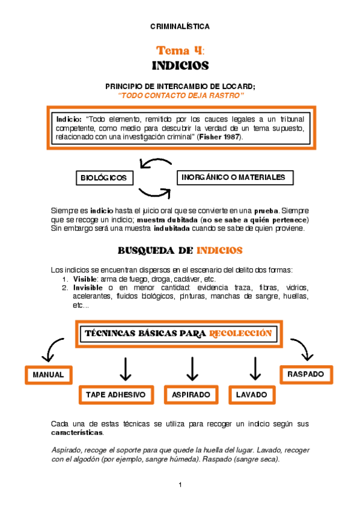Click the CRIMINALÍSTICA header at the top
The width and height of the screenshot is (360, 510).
180,26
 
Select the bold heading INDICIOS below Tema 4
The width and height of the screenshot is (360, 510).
180,65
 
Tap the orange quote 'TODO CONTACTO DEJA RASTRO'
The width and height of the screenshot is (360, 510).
180,96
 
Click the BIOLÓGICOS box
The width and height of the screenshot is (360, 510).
105,178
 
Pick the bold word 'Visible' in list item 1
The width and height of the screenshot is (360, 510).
85,280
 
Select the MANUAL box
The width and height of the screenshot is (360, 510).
48,375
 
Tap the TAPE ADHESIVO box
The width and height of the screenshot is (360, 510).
115,395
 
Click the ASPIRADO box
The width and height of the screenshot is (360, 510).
191,395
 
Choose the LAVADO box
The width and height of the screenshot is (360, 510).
252,395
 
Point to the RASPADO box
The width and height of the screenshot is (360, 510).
305,374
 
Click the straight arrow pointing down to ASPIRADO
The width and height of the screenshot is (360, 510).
192,369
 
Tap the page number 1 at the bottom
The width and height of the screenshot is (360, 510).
180,485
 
